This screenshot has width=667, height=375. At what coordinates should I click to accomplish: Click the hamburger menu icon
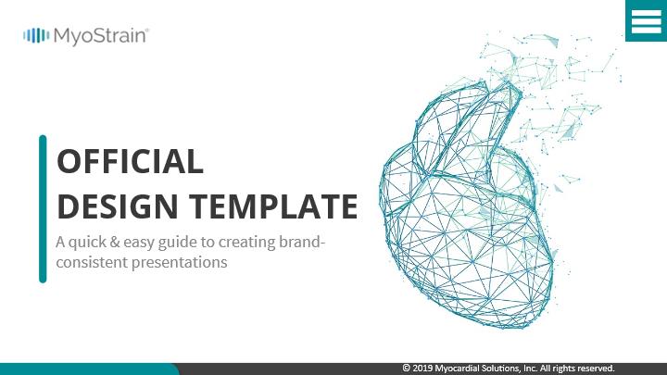point(647,20)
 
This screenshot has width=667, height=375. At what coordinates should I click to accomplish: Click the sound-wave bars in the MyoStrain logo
point(36,36)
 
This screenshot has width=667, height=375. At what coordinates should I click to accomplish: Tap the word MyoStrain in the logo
point(101,36)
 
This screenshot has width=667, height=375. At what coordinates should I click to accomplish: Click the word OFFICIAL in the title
point(130,161)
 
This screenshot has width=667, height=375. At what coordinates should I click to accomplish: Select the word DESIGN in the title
point(118,206)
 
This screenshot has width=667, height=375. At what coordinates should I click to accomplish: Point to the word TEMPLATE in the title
point(273,206)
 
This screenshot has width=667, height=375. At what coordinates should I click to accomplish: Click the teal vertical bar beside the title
point(43,208)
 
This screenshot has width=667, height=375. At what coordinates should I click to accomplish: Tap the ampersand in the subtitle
point(115,242)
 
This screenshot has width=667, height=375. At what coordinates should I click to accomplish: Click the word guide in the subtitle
point(177,243)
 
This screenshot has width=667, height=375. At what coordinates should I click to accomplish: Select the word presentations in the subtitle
point(179,263)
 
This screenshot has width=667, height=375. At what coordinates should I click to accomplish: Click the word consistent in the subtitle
point(92,262)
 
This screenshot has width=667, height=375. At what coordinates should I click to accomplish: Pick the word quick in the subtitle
point(87,243)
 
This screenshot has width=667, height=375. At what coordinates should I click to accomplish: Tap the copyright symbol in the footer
point(407,369)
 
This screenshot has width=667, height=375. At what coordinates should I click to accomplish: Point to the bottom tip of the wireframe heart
point(506,328)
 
